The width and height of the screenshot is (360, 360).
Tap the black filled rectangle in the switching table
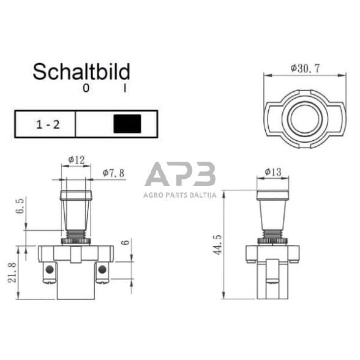click(127, 124)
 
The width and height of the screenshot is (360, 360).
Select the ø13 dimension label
click(273, 172)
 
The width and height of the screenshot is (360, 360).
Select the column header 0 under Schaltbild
click(86, 89)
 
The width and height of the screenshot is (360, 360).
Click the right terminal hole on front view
click(102, 269)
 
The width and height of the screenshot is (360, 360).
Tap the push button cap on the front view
click(77, 196)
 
